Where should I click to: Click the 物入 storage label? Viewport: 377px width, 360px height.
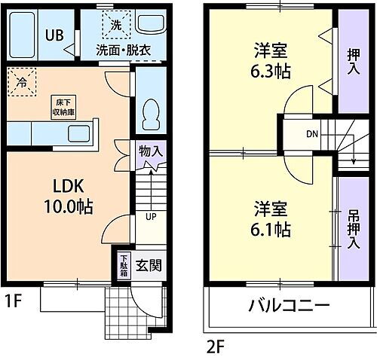[150, 151]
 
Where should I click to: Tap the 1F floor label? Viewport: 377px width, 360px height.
[13, 303]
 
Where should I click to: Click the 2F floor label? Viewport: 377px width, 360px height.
[216, 347]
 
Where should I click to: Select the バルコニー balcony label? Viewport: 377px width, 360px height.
[287, 307]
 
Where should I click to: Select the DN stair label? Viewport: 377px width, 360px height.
[311, 136]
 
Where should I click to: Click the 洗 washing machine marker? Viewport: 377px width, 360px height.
[116, 25]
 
